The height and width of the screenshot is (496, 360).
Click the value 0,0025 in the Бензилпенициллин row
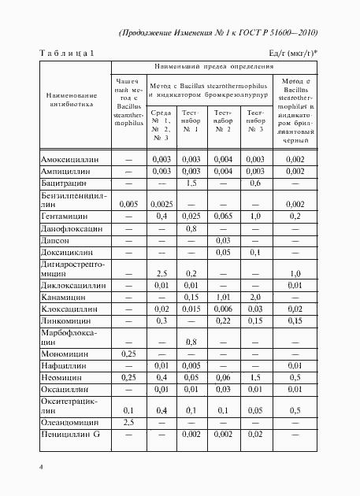(x=162, y=204)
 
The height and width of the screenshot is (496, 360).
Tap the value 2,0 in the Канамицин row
(x=255, y=298)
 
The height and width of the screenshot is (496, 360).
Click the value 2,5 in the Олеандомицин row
(x=128, y=423)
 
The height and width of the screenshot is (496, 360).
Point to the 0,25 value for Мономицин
(x=128, y=355)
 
